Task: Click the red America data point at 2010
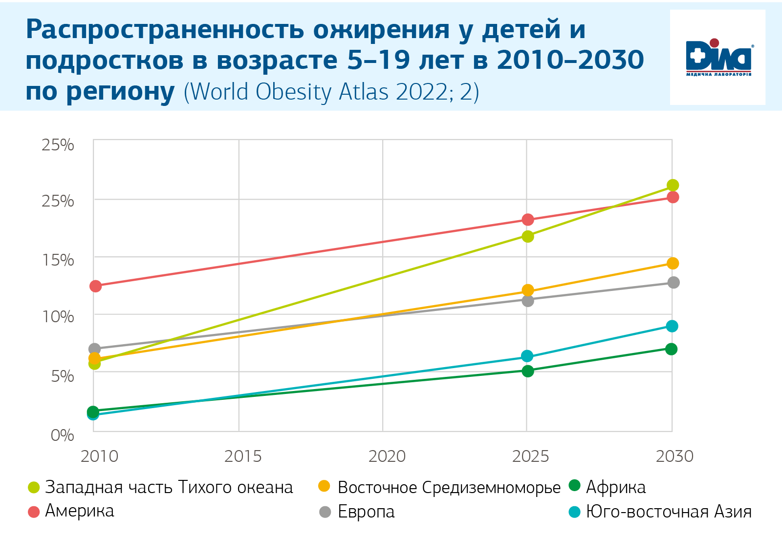tap(96, 286)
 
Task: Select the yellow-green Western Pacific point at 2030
tap(673, 185)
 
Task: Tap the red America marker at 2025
tap(528, 220)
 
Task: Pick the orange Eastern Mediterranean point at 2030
tap(673, 263)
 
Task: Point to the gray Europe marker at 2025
tap(528, 301)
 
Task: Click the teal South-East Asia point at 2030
tap(673, 326)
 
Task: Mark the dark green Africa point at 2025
tap(528, 371)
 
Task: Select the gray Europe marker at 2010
tap(95, 349)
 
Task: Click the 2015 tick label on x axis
tap(243, 456)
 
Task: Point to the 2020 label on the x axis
tap(387, 456)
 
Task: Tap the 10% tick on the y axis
tap(58, 317)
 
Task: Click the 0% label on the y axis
tap(62, 435)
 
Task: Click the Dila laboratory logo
tap(717, 58)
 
